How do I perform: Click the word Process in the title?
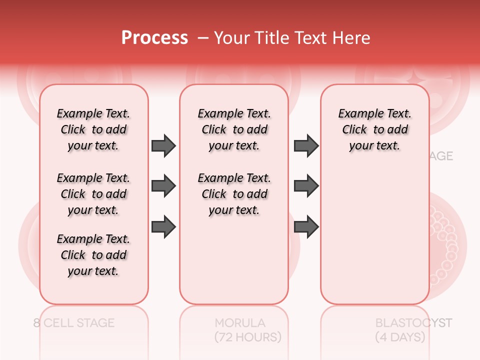point(154,38)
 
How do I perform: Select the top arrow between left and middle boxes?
point(163,145)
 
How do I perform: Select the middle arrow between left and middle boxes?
point(163,186)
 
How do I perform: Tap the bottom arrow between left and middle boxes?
point(163,227)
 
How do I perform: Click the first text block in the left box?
point(93,129)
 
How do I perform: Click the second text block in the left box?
point(93,194)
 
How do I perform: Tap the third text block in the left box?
point(93,255)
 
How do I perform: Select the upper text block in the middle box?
point(234,129)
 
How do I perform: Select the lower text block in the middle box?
point(234,194)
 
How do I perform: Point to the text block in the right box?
point(375,129)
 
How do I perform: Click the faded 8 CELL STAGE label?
point(74,323)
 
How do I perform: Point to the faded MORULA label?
point(240,323)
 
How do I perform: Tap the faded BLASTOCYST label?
point(413,323)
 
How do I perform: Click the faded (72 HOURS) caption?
point(248,337)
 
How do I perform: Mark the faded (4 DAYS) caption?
point(400,337)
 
